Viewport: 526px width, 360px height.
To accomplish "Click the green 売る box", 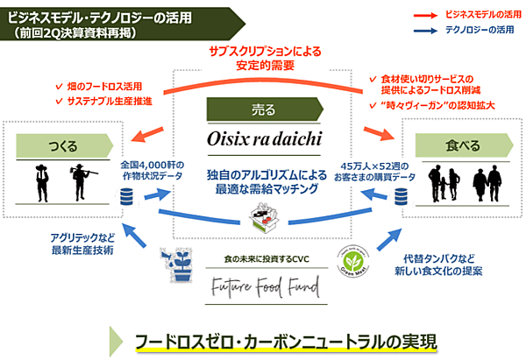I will (x=264, y=111).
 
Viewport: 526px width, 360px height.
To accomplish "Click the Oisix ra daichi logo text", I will (x=264, y=139).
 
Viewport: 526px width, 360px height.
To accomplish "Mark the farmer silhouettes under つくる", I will (x=59, y=183).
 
